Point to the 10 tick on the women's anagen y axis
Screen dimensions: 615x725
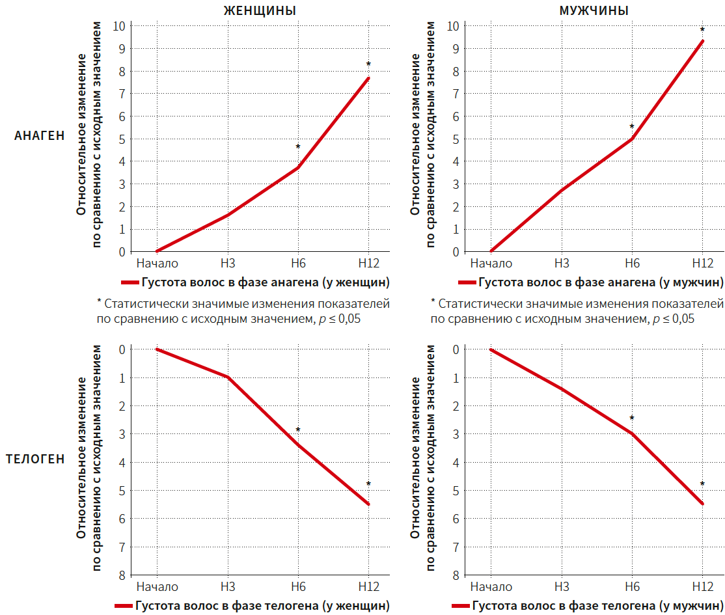point(118,27)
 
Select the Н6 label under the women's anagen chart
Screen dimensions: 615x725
point(298,264)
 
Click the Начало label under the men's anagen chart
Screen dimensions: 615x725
point(491,264)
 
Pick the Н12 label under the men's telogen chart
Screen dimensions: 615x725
point(702,587)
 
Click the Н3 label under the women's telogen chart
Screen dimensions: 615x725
point(228,587)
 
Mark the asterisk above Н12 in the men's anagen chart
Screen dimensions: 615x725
point(702,30)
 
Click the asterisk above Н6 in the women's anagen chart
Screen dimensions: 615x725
point(298,147)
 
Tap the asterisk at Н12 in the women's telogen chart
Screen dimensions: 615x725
point(368,484)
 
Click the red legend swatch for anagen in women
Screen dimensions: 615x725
point(129,282)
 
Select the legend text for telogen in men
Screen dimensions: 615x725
point(597,606)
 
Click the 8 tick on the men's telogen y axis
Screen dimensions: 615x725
point(456,575)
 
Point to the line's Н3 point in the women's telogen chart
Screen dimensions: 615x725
point(228,377)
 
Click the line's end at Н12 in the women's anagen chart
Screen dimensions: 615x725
point(368,78)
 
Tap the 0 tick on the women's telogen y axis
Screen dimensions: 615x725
point(122,349)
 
